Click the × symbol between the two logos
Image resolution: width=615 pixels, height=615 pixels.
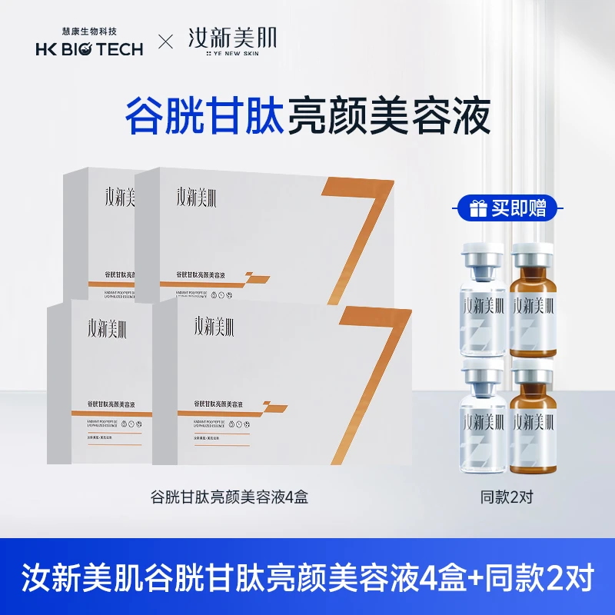point(164,42)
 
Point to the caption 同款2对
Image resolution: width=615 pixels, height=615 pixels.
point(505,497)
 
